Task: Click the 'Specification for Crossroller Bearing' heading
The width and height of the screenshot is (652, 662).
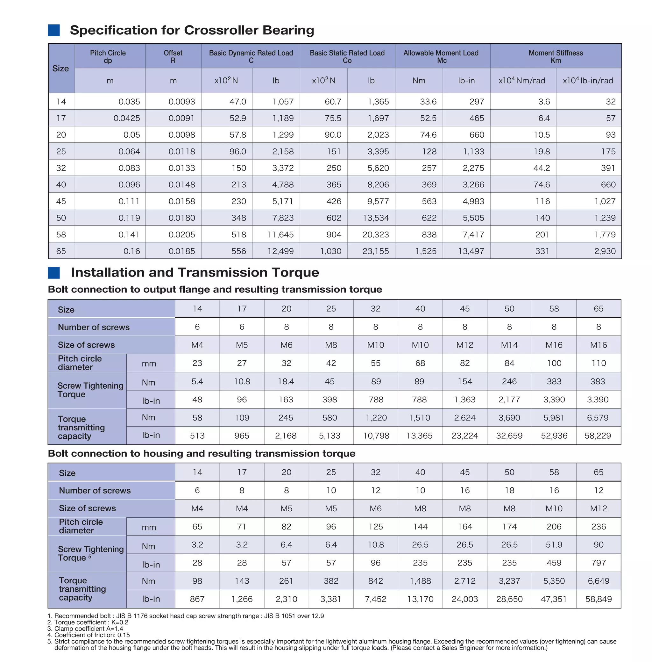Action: click(x=192, y=30)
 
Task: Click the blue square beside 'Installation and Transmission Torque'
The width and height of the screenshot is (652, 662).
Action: click(x=54, y=273)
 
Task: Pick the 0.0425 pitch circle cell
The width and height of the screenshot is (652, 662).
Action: click(x=127, y=118)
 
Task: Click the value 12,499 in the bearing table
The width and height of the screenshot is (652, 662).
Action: click(x=280, y=251)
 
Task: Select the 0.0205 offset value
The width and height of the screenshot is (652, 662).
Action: click(x=181, y=235)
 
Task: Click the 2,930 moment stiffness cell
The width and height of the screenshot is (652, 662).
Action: click(x=605, y=251)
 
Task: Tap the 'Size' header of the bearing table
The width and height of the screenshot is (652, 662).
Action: click(x=60, y=68)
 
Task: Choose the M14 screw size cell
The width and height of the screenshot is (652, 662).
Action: click(x=509, y=345)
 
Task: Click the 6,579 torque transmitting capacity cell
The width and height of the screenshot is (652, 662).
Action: click(x=598, y=418)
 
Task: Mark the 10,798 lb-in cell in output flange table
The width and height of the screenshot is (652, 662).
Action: click(x=376, y=436)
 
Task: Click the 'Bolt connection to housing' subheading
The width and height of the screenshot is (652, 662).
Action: click(x=201, y=453)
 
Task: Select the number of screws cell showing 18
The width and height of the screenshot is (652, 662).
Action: click(x=509, y=490)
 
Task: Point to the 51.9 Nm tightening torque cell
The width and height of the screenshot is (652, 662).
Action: click(x=554, y=545)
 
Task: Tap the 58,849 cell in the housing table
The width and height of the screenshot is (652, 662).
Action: click(x=598, y=599)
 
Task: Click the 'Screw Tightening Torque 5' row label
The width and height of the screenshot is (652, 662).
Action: click(x=90, y=553)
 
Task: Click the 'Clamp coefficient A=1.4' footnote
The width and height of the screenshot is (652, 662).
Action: click(x=89, y=629)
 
